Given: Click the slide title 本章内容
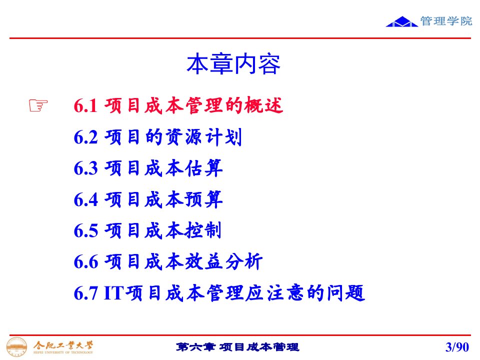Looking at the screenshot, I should click(233, 64).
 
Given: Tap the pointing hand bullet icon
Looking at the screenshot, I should click(38, 105).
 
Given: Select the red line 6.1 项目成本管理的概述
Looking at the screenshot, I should click(178, 106).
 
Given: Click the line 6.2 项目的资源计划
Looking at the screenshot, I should click(157, 137).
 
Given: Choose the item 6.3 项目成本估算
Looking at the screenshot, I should click(148, 168).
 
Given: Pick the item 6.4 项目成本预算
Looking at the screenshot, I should click(148, 199).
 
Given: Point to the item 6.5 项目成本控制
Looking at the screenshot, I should click(147, 230).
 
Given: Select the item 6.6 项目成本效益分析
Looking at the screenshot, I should click(168, 261).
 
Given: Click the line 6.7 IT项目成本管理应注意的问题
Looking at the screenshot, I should click(219, 293).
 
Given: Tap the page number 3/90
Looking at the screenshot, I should click(457, 346).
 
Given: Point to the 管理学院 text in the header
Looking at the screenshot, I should click(446, 21).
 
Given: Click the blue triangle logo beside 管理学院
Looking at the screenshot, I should click(402, 21).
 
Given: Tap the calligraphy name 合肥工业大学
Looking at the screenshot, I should click(63, 344).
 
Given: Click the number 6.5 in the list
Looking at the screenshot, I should click(85, 231).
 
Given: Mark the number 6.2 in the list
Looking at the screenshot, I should click(85, 137).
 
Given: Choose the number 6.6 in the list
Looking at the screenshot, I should click(85, 262).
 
